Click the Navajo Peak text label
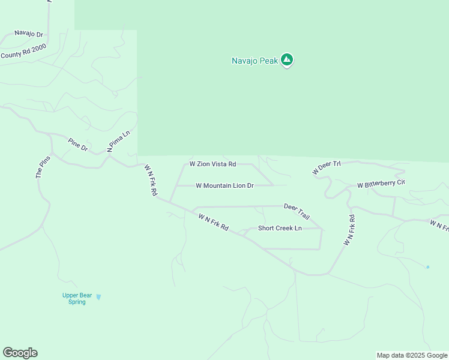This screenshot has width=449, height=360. tap(255, 61)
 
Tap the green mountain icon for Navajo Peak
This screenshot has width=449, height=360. tap(287, 59)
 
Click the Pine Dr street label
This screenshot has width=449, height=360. tap(78, 144)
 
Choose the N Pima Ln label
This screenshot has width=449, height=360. tap(118, 142)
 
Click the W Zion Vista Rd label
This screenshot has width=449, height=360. tap(212, 164)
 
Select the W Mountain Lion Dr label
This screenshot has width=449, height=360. tap(225, 186)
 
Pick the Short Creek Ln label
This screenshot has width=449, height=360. tap(280, 228)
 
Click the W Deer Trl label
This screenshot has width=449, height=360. tap(327, 167)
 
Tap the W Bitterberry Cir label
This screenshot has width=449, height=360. tap(381, 184)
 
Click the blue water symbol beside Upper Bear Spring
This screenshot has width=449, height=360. tap(98, 296)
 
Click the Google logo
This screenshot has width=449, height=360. tap(20, 353)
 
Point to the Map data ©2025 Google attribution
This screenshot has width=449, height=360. tap(412, 355)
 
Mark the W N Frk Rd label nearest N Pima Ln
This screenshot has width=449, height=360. tap(150, 181)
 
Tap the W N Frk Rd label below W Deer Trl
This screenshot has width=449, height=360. tap(349, 230)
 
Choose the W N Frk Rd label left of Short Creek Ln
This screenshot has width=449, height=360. tap(214, 222)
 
